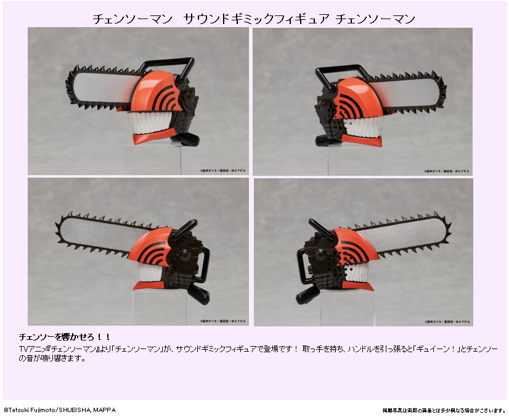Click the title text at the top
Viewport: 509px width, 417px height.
tap(254, 19)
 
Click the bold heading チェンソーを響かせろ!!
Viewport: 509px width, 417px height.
tap(65, 337)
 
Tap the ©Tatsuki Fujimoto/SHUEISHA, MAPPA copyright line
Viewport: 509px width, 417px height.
tap(60, 410)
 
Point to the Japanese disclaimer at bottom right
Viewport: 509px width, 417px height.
tap(443, 410)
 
